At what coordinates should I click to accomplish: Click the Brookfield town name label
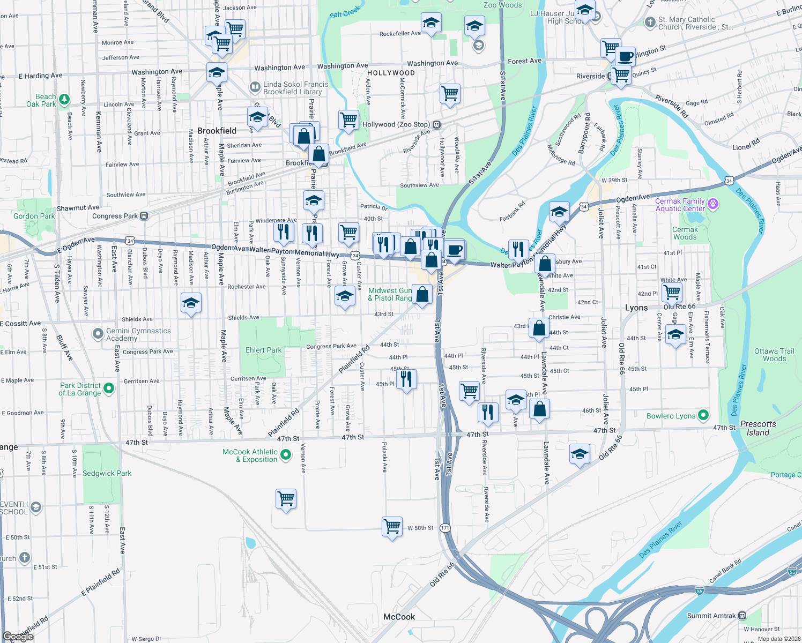[x=217, y=131]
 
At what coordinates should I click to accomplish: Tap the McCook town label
[x=399, y=617]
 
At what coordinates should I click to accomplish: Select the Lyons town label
[x=636, y=308]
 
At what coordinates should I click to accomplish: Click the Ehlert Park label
[x=263, y=350]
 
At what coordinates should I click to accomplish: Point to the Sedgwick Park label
[x=107, y=473]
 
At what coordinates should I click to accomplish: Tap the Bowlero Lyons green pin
[x=703, y=415]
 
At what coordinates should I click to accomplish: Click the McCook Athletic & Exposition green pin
[x=286, y=455]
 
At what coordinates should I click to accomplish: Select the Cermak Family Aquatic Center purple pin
[x=712, y=204]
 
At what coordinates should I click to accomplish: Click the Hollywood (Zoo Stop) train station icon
[x=437, y=124]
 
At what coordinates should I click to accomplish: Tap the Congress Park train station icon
[x=144, y=216]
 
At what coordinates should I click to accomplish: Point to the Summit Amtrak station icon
[x=742, y=616]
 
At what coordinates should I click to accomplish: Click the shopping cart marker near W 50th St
[x=392, y=526]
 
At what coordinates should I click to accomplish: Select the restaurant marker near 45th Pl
[x=406, y=379]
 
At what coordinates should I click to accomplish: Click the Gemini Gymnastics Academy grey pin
[x=98, y=334]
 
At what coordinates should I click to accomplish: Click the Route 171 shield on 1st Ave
[x=445, y=528]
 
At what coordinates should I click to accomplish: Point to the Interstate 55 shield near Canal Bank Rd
[x=792, y=572]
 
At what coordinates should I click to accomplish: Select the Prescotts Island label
[x=758, y=428]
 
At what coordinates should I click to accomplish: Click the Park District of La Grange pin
[x=109, y=388]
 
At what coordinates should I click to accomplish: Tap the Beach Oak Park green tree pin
[x=64, y=99]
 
